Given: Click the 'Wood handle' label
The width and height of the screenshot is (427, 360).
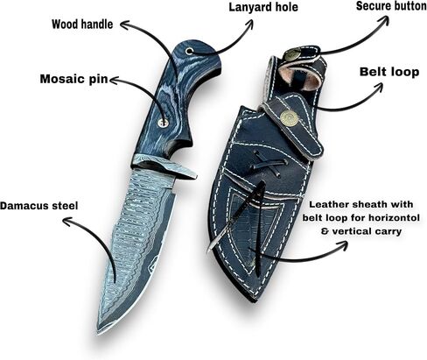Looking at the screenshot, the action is [82, 25].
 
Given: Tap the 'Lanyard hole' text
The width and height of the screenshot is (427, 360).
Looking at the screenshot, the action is [263, 7].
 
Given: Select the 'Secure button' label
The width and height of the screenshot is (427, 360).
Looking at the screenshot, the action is [391, 6].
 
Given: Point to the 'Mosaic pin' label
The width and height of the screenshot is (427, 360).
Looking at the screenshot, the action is [73, 79].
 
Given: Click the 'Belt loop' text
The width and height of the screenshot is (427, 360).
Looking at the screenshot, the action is [389, 72].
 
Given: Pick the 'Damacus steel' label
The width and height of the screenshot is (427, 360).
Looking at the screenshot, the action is [39, 206].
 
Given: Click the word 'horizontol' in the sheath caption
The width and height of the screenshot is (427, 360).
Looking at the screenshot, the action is [398, 218].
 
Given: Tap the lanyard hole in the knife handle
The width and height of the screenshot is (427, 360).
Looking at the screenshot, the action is [190, 52].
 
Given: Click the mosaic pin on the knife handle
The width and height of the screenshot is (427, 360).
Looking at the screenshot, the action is [164, 123].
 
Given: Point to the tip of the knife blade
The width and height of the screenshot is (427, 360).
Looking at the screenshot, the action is [99, 333].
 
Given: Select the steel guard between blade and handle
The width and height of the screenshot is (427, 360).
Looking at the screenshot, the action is [164, 166].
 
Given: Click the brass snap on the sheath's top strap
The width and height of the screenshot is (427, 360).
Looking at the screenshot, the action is [291, 55].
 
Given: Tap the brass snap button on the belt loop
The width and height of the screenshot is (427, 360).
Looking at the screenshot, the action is [289, 118].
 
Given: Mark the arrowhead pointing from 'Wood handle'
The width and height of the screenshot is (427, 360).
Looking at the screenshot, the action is [125, 25].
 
